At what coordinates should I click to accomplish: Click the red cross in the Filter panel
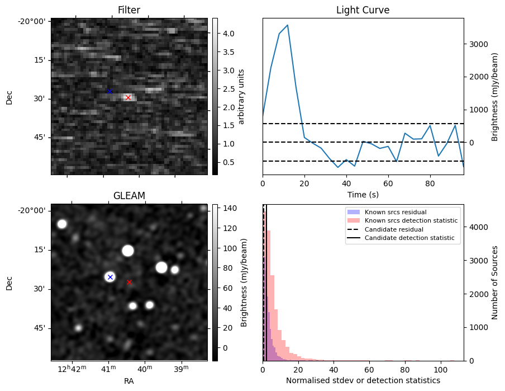coord(128,97)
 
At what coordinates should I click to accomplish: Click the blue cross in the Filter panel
coord(109,91)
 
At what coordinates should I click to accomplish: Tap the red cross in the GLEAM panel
coord(129,282)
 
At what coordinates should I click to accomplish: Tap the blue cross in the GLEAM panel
coord(110,277)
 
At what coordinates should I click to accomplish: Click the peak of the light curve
coord(287,25)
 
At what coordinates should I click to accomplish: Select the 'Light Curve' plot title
coord(363,10)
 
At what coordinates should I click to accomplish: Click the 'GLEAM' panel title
coord(129,196)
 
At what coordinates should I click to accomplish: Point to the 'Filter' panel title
coord(129,10)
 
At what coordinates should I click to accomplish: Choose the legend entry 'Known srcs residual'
coord(395,212)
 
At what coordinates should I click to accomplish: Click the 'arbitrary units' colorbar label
coord(241,96)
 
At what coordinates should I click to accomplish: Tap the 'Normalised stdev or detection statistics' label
coord(363,380)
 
